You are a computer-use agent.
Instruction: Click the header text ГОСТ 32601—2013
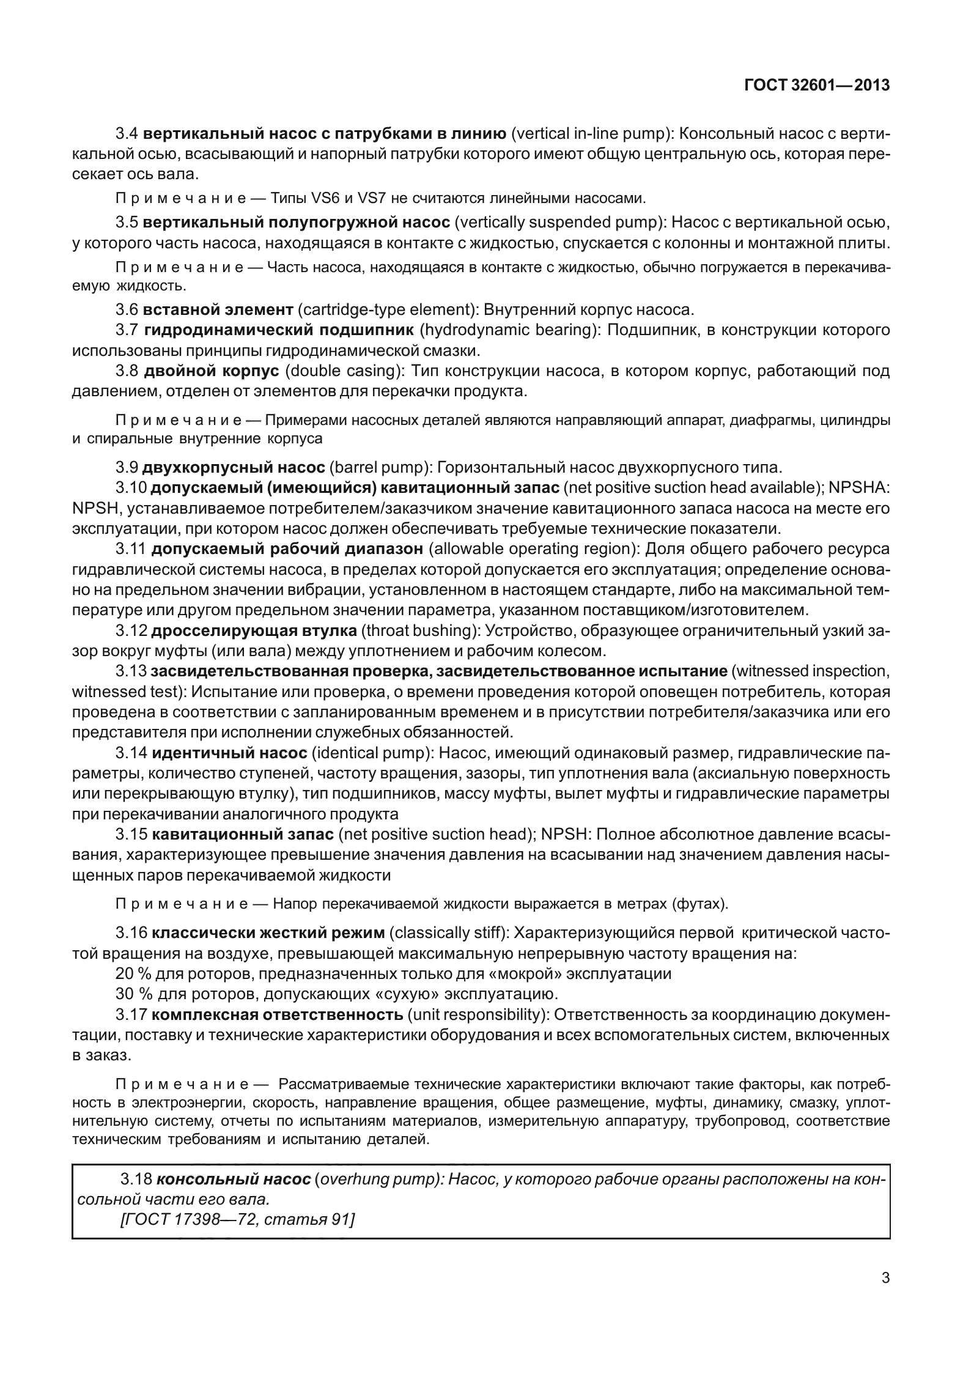click(816, 86)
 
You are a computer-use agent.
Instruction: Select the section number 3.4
click(128, 133)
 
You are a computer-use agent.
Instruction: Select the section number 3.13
click(131, 671)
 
